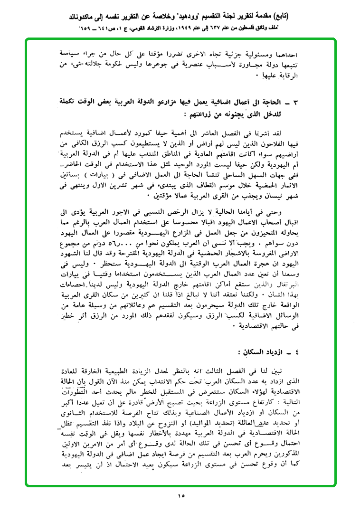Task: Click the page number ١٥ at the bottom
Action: pyautogui.click(x=181, y=496)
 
